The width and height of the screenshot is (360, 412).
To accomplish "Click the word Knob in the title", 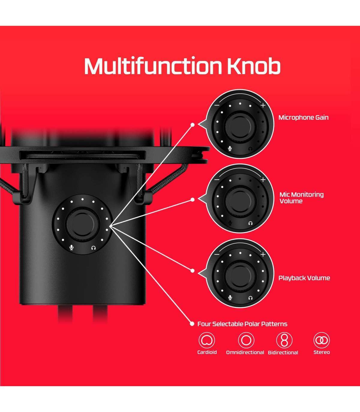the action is (253, 66).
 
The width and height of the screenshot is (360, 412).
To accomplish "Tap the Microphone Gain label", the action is (303, 117).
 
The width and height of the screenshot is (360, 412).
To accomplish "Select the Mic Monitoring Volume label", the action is (301, 198).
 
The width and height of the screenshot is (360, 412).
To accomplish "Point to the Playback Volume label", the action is (304, 278).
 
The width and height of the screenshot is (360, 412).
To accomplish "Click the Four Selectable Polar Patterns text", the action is (242, 324).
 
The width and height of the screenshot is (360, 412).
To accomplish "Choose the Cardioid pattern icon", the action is (207, 340).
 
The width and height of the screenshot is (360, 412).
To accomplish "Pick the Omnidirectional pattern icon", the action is (246, 340).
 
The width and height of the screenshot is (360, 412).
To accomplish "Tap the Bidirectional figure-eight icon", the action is (284, 340).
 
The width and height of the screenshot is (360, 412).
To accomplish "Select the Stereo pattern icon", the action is (322, 340).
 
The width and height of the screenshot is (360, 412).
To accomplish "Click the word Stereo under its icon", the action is (322, 352).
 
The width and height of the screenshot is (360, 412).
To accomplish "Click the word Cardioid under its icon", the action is (207, 352).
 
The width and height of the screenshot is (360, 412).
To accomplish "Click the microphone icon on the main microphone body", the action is (72, 247).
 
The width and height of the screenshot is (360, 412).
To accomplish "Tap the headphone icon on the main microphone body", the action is (93, 247).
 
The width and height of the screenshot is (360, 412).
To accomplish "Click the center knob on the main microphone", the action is (82, 224).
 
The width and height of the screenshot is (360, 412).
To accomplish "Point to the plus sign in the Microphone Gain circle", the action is (263, 105).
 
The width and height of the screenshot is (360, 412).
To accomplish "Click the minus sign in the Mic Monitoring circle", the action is (217, 179).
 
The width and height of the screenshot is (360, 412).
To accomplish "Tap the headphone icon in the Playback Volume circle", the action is (250, 298).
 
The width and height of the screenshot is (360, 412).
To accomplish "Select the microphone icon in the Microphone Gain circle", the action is (230, 149).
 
